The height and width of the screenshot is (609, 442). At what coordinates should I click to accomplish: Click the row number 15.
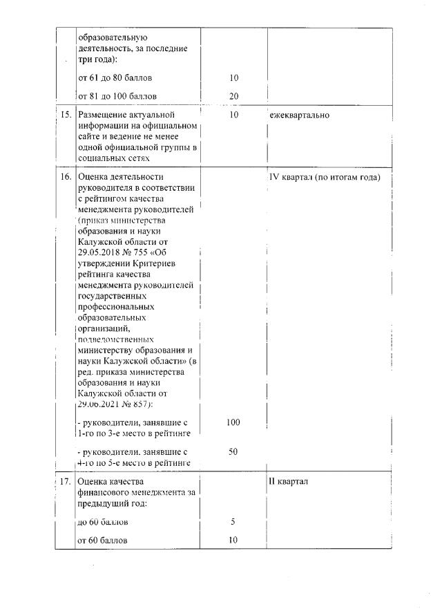pyautogui.click(x=65, y=115)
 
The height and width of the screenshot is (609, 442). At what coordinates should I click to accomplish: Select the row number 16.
pyautogui.click(x=65, y=177)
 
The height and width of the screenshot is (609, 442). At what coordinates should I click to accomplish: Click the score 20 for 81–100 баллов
pyautogui.click(x=233, y=95)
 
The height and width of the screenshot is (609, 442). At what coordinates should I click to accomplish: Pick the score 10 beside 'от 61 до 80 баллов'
pyautogui.click(x=233, y=77)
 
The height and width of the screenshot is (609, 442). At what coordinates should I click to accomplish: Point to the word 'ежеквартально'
pyautogui.click(x=299, y=115)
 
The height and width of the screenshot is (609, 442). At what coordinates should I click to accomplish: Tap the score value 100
pyautogui.click(x=233, y=422)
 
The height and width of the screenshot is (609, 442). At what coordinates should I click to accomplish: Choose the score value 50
pyautogui.click(x=233, y=452)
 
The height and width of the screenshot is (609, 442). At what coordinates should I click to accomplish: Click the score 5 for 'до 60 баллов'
pyautogui.click(x=233, y=522)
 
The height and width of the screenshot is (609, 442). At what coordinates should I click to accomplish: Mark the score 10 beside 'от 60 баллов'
pyautogui.click(x=233, y=540)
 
